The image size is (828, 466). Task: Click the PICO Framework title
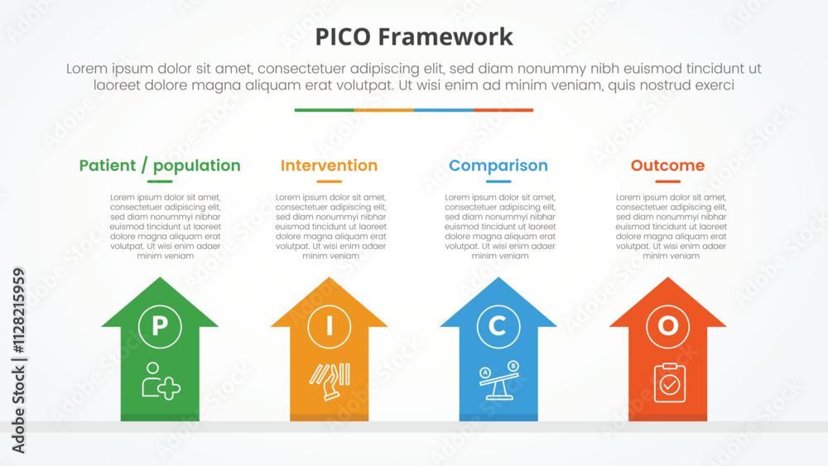click(414, 37)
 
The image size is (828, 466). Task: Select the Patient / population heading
click(160, 166)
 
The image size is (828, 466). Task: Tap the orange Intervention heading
click(329, 166)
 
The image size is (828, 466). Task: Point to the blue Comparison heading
click(498, 166)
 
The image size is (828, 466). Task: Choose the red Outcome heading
click(667, 166)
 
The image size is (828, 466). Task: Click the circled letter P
click(160, 326)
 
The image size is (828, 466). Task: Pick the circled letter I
click(329, 326)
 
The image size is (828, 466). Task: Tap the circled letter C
click(498, 326)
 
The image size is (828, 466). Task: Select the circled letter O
click(667, 326)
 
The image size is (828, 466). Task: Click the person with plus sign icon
click(161, 381)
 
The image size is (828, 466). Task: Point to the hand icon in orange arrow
click(330, 382)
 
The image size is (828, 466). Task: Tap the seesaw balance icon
click(499, 381)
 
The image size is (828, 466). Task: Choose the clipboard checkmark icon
click(670, 382)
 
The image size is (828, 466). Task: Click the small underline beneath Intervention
click(329, 181)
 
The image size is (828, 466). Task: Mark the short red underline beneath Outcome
click(667, 181)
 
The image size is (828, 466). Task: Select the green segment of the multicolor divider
click(325, 110)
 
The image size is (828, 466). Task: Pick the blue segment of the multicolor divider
click(444, 110)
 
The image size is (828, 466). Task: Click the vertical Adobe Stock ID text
click(18, 360)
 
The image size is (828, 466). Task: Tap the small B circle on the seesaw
click(513, 366)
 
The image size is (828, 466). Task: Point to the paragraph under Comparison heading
click(500, 227)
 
